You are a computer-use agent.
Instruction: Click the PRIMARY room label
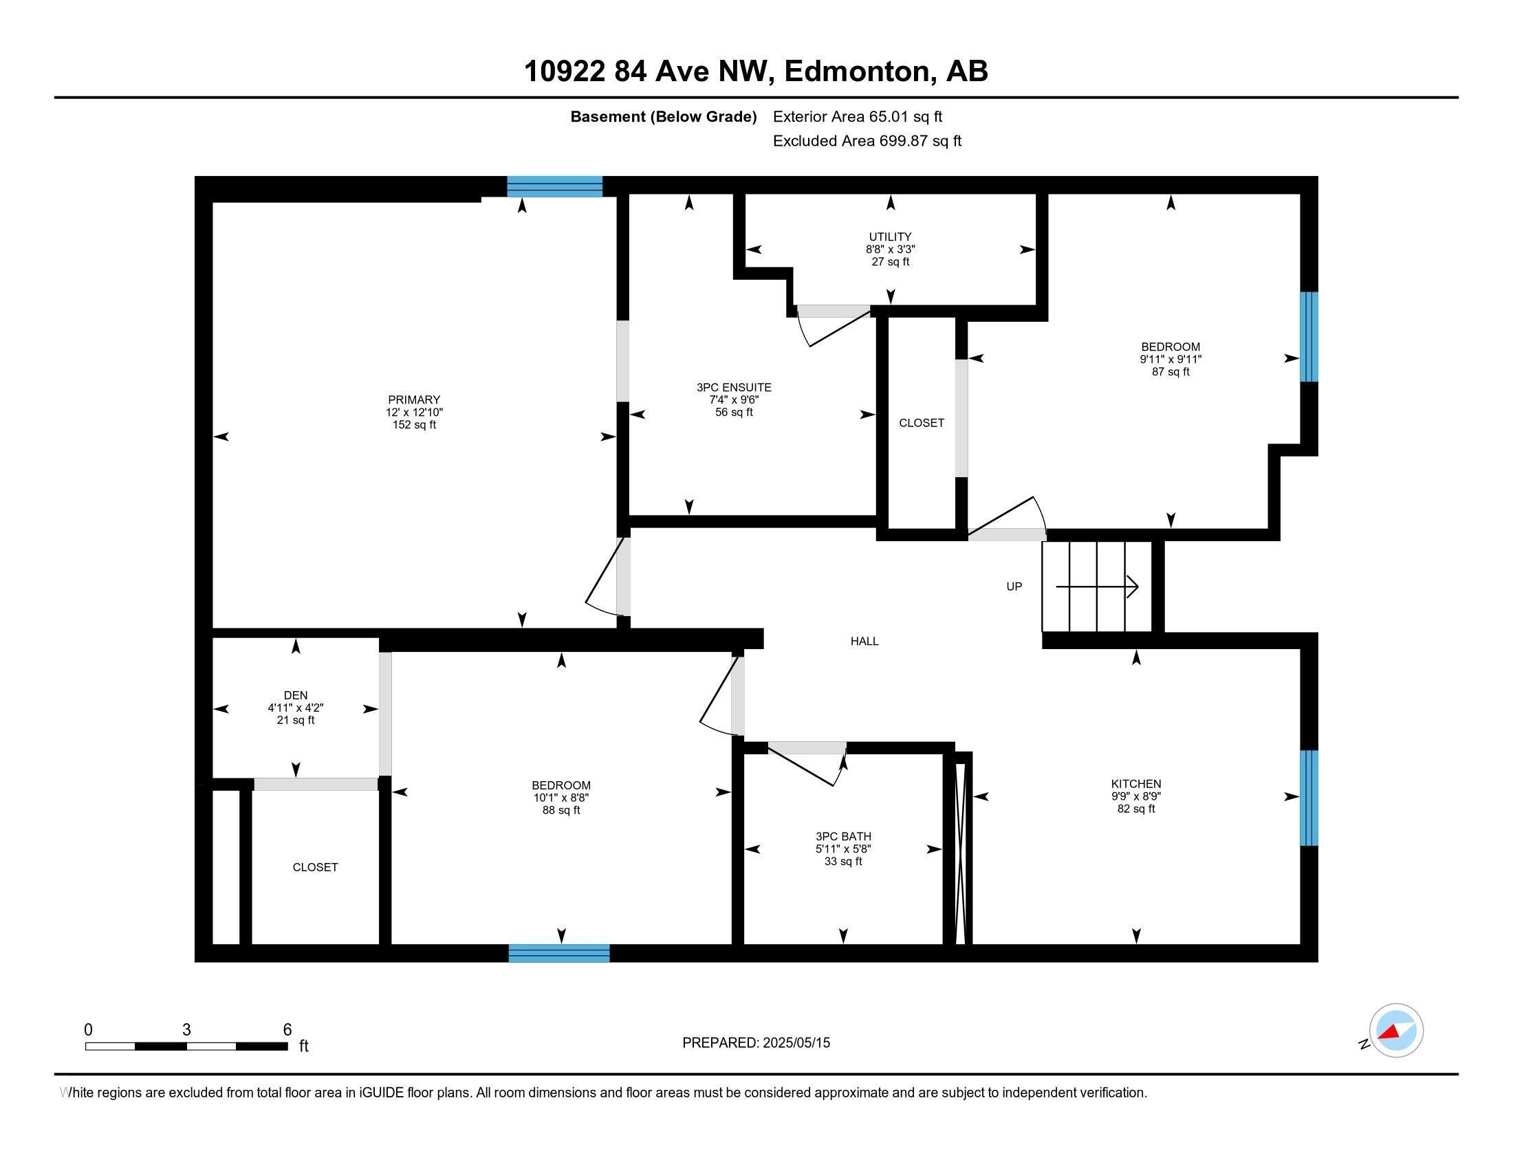(413, 400)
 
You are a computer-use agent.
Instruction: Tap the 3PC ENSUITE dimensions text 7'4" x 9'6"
(734, 400)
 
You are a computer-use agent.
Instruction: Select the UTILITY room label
(890, 237)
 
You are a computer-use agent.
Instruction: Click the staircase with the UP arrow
(1098, 587)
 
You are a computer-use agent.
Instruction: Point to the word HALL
(864, 642)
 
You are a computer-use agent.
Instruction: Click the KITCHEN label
(1135, 784)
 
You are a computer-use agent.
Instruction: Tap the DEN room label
(296, 695)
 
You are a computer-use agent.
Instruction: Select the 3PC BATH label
(843, 837)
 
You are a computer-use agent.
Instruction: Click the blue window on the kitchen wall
(1308, 798)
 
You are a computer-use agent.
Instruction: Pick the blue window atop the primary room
(554, 187)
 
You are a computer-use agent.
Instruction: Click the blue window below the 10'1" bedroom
(559, 954)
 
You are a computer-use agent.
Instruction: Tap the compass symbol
(1396, 1031)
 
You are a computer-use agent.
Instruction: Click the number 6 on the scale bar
(287, 1030)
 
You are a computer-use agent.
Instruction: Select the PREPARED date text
(756, 1043)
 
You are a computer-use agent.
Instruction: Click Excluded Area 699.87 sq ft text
(867, 141)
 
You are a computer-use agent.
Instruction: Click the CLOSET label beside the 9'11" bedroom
(922, 423)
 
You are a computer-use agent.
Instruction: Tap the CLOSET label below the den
(315, 868)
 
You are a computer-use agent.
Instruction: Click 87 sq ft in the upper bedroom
(1170, 372)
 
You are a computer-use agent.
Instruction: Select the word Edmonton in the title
(856, 72)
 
